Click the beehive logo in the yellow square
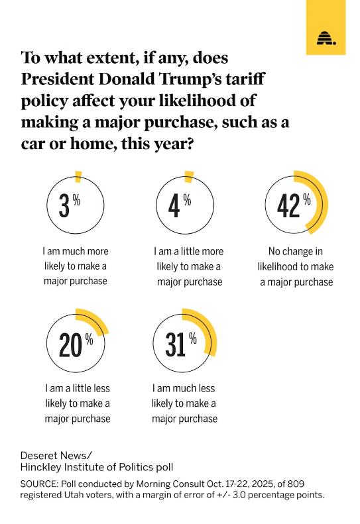tap(326, 38)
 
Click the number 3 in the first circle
tap(64, 207)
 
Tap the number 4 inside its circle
tap(174, 207)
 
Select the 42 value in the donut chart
tap(288, 207)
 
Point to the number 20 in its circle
tap(71, 345)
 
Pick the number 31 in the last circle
tap(176, 345)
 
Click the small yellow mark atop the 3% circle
tap(78, 177)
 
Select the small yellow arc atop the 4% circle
tap(189, 177)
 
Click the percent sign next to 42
tap(307, 199)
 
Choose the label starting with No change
tap(296, 267)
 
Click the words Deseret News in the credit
tap(54, 456)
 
